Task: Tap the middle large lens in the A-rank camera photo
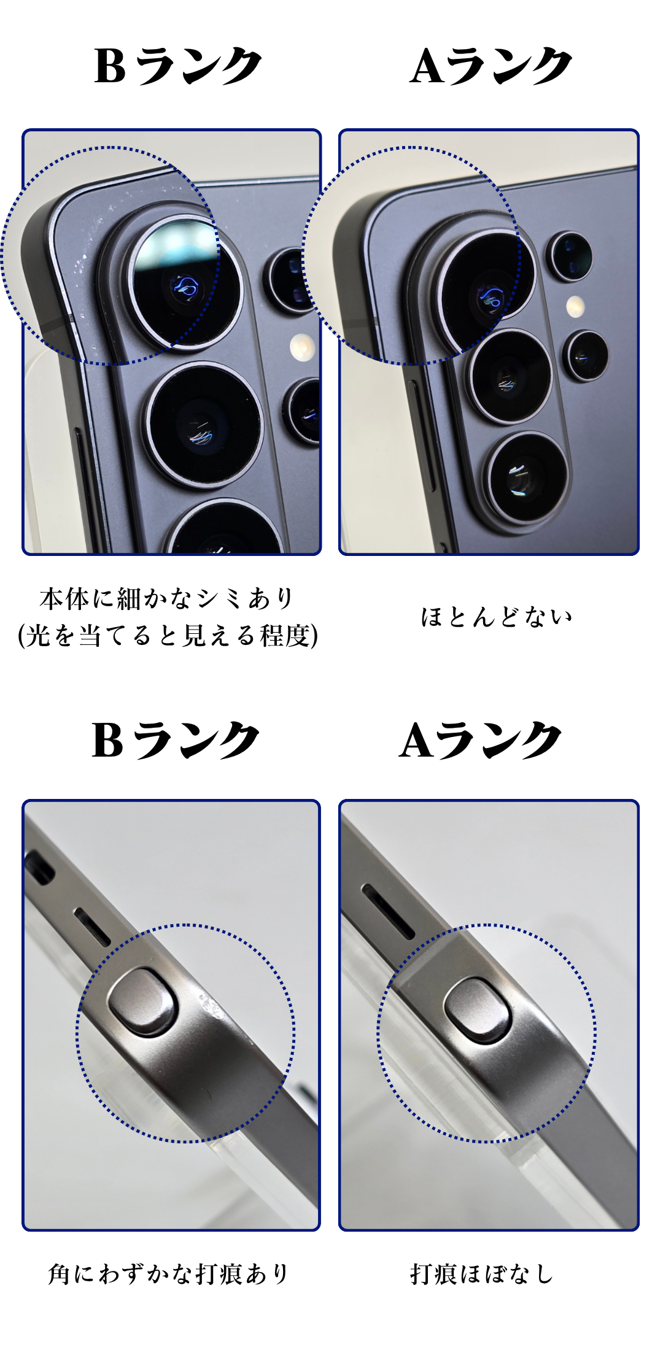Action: (x=510, y=376)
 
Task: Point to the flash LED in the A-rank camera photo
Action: (x=575, y=305)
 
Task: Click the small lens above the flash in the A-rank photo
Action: (x=571, y=256)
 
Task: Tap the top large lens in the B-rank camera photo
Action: (x=185, y=282)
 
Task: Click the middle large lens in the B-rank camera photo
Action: (x=206, y=422)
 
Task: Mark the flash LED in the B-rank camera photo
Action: (x=301, y=348)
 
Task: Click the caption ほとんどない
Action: (x=496, y=617)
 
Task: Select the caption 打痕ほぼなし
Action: (x=482, y=1274)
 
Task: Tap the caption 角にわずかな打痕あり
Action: (x=168, y=1274)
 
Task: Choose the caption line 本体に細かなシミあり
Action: (x=167, y=598)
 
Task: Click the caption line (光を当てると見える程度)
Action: (x=168, y=635)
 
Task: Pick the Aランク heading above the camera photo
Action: (x=491, y=66)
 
